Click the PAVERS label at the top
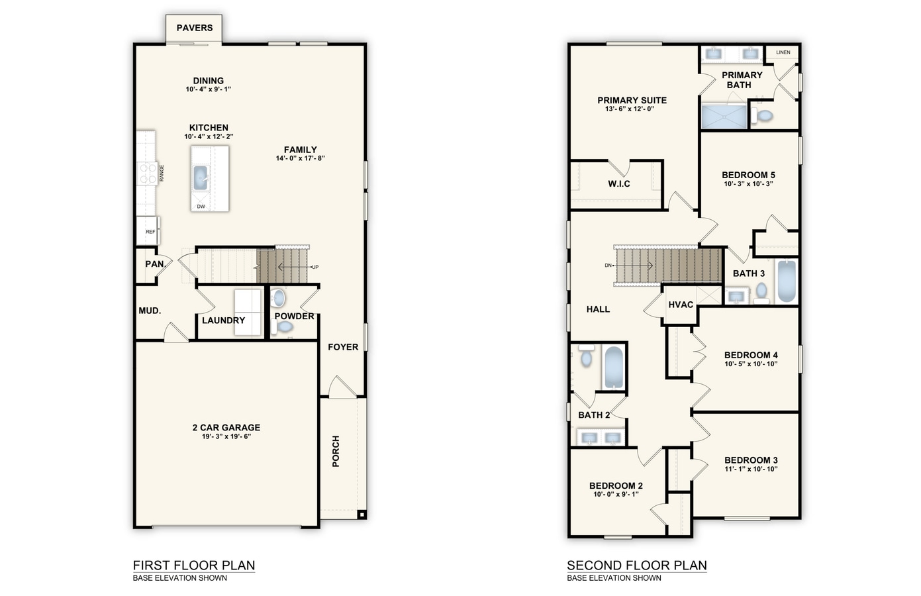[195, 28]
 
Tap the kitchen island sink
[201, 177]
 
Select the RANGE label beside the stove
[162, 174]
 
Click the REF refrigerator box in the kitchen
[150, 232]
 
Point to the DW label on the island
[201, 207]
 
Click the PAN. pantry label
[155, 264]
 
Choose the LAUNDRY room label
[223, 321]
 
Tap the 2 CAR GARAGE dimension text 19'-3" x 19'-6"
[226, 436]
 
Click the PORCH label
[336, 451]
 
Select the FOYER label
[343, 347]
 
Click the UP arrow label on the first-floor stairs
[315, 267]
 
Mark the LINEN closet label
[783, 52]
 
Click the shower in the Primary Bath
[724, 117]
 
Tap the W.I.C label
[619, 184]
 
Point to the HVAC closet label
[681, 305]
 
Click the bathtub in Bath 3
[786, 281]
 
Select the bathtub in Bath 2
[614, 368]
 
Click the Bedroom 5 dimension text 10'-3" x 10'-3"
[748, 184]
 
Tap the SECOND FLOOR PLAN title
[636, 566]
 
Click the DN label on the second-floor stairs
[608, 266]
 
